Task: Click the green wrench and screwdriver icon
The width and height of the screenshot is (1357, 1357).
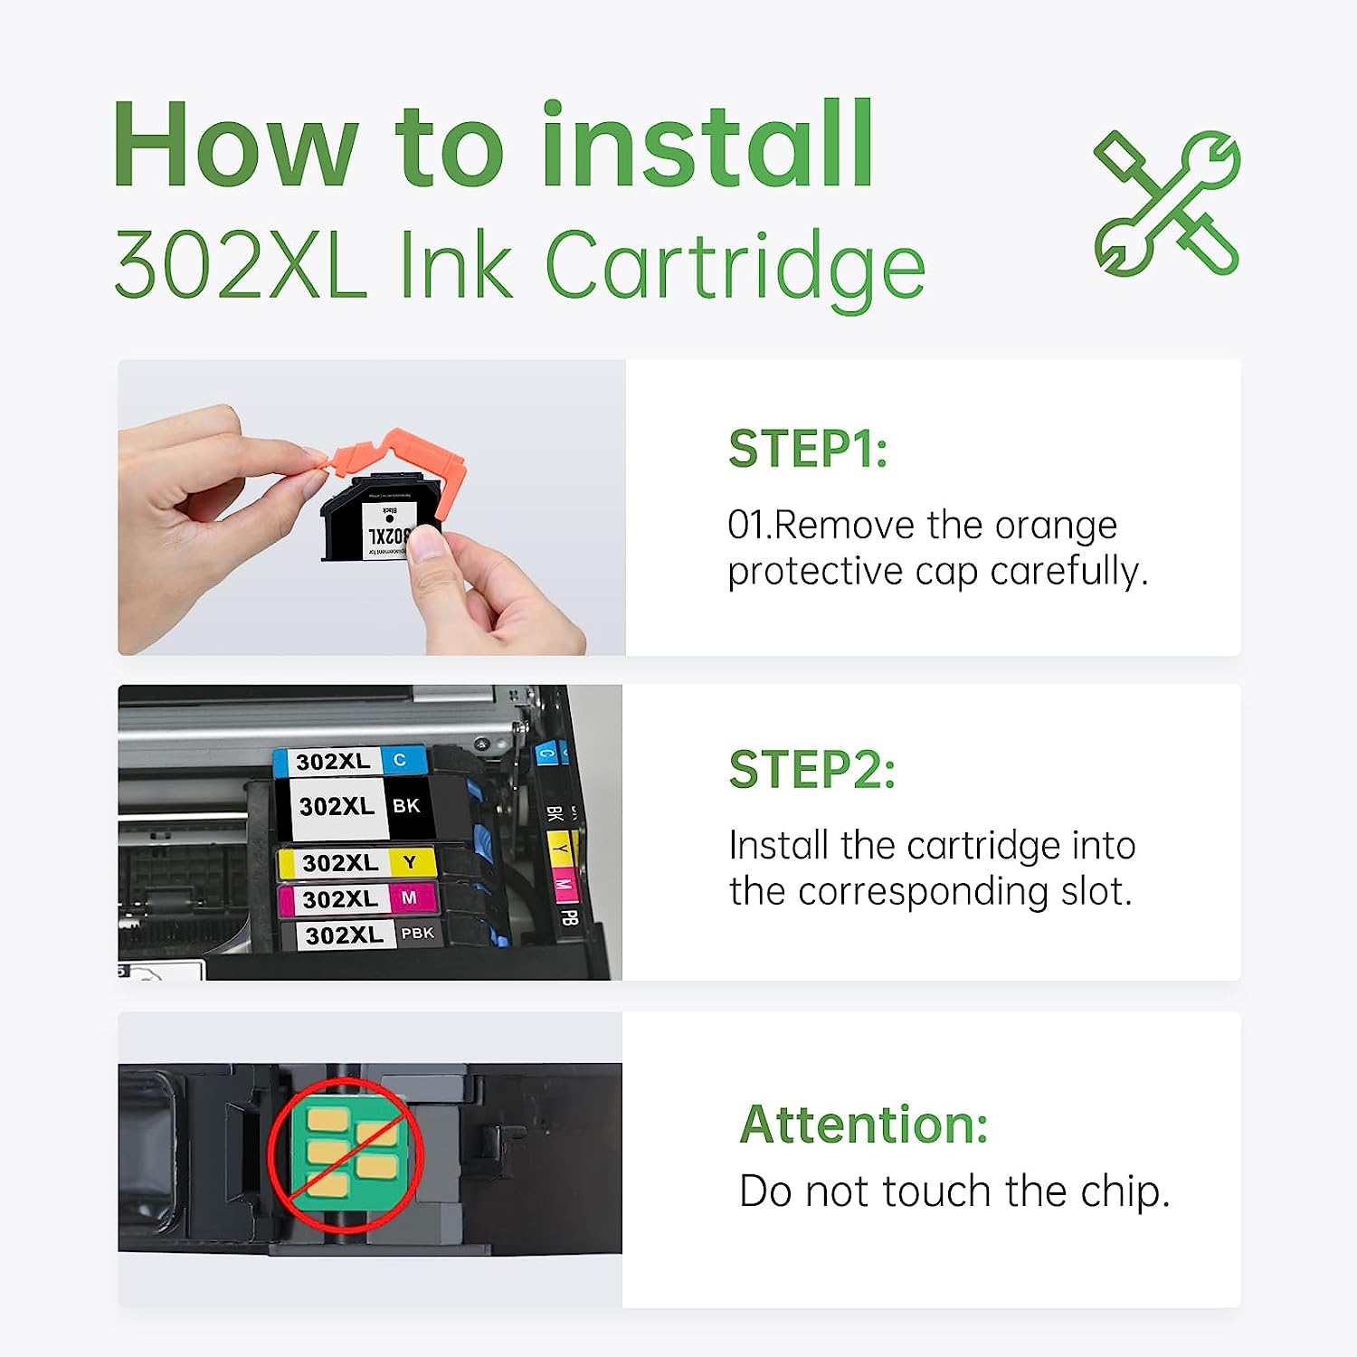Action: tap(1166, 204)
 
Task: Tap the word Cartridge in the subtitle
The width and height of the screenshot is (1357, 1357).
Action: tap(735, 266)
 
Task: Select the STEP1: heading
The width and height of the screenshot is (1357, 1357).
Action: tap(808, 450)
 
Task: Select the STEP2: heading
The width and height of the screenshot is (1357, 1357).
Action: tap(811, 770)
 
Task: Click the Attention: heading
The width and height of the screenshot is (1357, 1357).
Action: tap(863, 1125)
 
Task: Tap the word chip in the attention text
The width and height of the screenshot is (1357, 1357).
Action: tap(1125, 1192)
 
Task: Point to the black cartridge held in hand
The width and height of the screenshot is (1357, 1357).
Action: tap(380, 520)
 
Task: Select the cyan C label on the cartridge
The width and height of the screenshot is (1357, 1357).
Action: tap(400, 760)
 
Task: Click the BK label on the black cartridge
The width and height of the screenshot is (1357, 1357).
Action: tap(406, 806)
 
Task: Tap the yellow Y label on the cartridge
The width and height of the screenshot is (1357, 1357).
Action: tap(410, 862)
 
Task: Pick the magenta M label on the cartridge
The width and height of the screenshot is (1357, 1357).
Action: tap(409, 897)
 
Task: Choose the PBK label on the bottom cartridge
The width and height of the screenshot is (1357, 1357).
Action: tap(417, 933)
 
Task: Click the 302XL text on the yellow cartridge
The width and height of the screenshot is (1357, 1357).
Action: tap(340, 863)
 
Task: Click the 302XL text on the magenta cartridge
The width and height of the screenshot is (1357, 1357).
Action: tap(340, 899)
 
